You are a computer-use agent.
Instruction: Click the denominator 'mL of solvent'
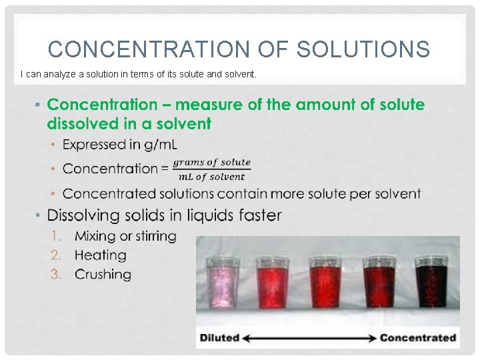click(211, 177)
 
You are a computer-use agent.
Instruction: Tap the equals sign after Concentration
click(163, 169)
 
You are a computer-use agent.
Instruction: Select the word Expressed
click(94, 144)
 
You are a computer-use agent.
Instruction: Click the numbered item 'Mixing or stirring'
click(125, 236)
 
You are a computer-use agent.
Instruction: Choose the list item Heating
click(100, 255)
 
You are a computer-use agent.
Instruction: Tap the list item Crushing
click(103, 274)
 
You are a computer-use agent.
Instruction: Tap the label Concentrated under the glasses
click(418, 337)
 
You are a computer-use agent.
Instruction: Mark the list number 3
click(57, 274)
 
